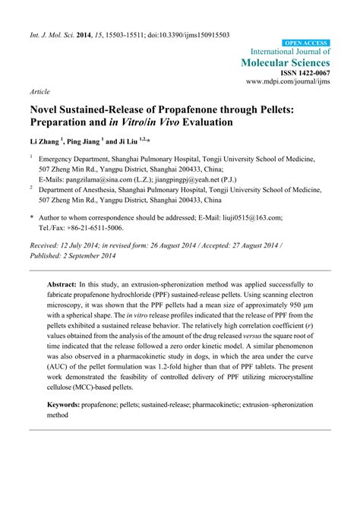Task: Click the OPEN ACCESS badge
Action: (306, 43)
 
